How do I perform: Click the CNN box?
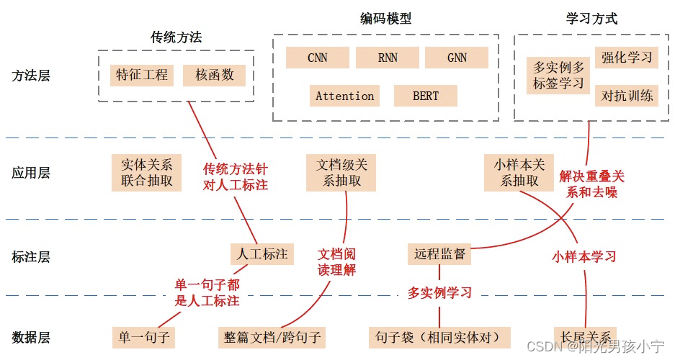pyautogui.click(x=317, y=58)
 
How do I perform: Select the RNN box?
pyautogui.click(x=388, y=58)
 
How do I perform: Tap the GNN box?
pyautogui.click(x=457, y=58)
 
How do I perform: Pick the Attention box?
pyautogui.click(x=344, y=96)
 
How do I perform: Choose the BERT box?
pyautogui.click(x=426, y=96)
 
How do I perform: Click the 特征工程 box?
pyautogui.click(x=142, y=75)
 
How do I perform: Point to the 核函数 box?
pyautogui.click(x=214, y=75)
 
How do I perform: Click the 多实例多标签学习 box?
pyautogui.click(x=558, y=76)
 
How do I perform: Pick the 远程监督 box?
pyautogui.click(x=440, y=253)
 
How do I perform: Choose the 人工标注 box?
pyautogui.click(x=262, y=253)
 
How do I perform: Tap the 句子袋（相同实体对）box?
pyautogui.click(x=441, y=337)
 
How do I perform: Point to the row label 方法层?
pyautogui.click(x=31, y=76)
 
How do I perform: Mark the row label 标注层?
pyautogui.click(x=31, y=256)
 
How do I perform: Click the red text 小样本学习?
pyautogui.click(x=584, y=256)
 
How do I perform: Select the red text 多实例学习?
pyautogui.click(x=439, y=293)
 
